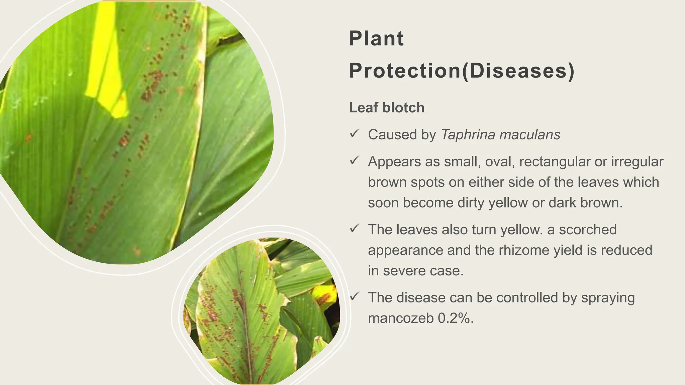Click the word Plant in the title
(376, 38)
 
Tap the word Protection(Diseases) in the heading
(462, 71)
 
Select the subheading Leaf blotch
(387, 108)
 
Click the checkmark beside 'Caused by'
(354, 133)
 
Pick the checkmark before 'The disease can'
(354, 296)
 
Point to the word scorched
(588, 230)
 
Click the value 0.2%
(456, 318)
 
